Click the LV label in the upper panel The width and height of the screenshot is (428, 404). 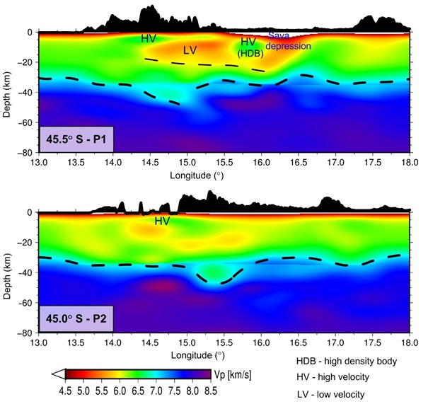[190, 50]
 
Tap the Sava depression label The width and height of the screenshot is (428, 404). [288, 42]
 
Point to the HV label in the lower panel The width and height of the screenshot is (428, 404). [162, 221]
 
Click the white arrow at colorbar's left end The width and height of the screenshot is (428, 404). [59, 375]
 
